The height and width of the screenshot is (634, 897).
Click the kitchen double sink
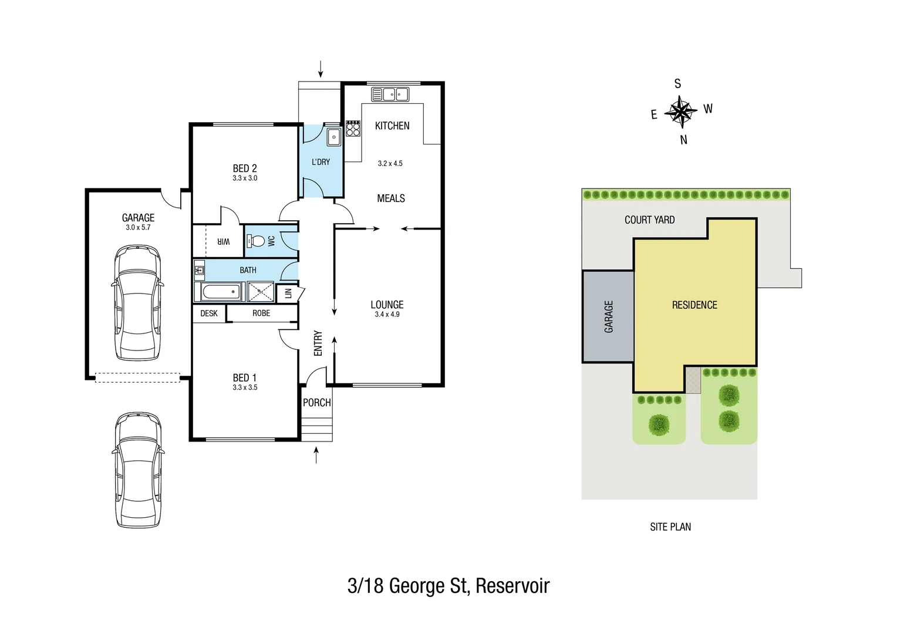390,94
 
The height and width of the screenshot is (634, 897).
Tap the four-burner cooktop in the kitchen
353,129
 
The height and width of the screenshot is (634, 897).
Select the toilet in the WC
257,241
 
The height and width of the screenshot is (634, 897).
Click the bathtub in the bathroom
221,292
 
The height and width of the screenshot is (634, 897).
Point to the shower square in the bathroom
261,292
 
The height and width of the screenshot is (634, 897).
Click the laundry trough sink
334,137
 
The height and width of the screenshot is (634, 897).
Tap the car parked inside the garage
137,302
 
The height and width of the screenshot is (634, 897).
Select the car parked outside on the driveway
138,470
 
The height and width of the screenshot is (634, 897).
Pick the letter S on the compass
677,84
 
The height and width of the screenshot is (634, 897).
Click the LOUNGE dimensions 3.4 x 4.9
387,315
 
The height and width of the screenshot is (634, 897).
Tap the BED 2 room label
245,168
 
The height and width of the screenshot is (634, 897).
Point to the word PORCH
317,403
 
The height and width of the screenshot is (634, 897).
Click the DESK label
209,313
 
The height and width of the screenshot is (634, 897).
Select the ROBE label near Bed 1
261,313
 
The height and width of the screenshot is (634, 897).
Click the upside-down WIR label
224,242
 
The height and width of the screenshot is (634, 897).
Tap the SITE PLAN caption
670,527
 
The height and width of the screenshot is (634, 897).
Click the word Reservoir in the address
512,586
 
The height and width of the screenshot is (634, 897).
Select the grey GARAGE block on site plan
608,316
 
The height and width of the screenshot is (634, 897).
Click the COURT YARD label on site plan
649,220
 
